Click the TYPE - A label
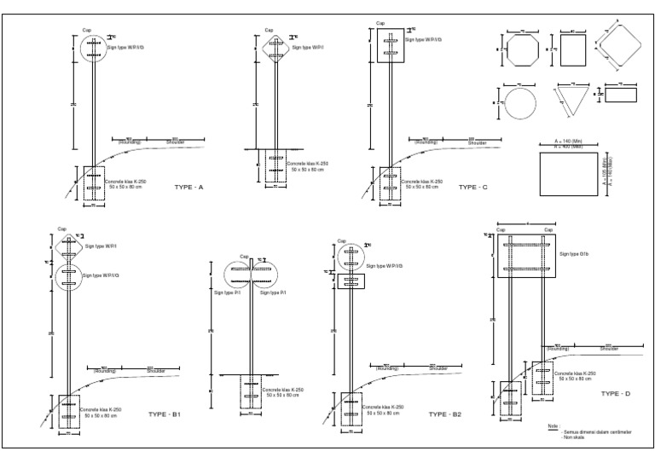pyautogui.click(x=188, y=186)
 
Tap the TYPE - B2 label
pyautogui.click(x=445, y=414)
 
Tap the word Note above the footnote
pyautogui.click(x=551, y=425)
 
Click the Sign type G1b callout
pyautogui.click(x=575, y=254)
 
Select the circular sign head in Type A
pyautogui.click(x=96, y=49)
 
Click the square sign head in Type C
pyautogui.click(x=390, y=44)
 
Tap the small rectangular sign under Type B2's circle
pyautogui.click(x=351, y=281)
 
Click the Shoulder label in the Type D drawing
pyautogui.click(x=609, y=349)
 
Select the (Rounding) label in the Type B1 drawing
pyautogui.click(x=105, y=370)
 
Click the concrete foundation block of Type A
pyautogui.click(x=90, y=185)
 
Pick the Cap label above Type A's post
pyautogui.click(x=87, y=30)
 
